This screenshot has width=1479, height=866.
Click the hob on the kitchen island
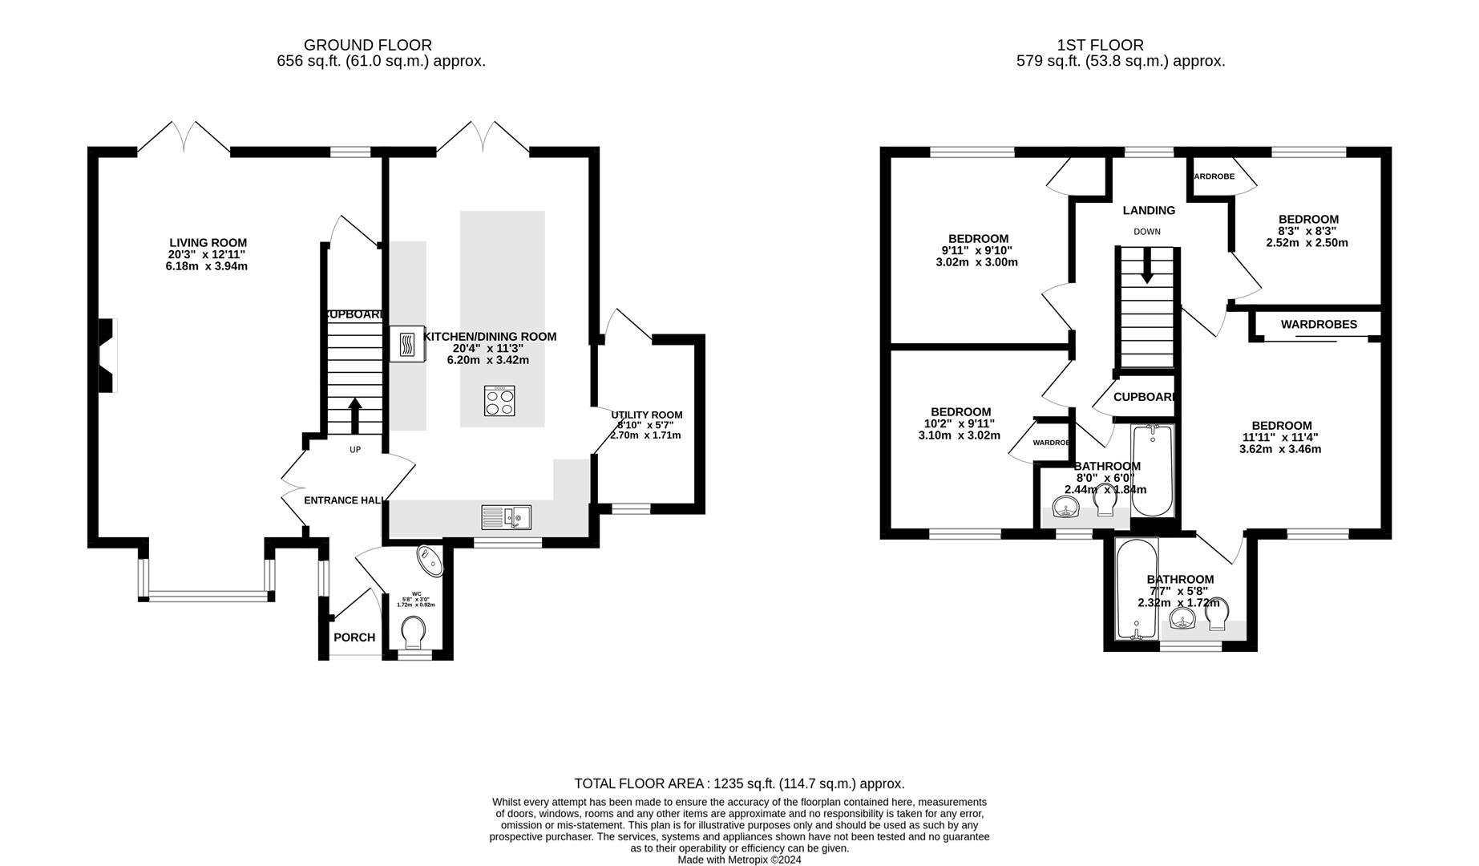click(x=499, y=401)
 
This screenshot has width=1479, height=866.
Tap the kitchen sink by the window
click(x=506, y=518)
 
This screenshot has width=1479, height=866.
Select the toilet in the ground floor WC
click(x=414, y=632)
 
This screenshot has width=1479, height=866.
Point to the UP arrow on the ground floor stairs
click(x=355, y=415)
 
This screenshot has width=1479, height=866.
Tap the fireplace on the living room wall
click(x=107, y=355)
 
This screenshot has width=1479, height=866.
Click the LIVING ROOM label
click(x=208, y=243)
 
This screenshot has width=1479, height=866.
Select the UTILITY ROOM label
click(x=646, y=415)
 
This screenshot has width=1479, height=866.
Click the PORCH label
click(x=354, y=637)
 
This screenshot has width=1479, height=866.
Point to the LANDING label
click(x=1149, y=210)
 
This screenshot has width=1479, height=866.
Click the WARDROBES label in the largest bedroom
click(x=1318, y=325)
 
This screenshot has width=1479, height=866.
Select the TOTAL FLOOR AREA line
click(x=739, y=783)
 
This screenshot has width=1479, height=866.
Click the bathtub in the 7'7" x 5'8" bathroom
click(x=1137, y=589)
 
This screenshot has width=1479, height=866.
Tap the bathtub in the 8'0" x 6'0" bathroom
click(x=1152, y=471)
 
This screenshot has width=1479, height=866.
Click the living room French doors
click(x=184, y=138)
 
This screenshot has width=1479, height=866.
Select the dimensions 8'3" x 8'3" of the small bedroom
click(x=1307, y=231)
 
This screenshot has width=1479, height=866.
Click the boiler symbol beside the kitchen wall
click(x=407, y=345)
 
